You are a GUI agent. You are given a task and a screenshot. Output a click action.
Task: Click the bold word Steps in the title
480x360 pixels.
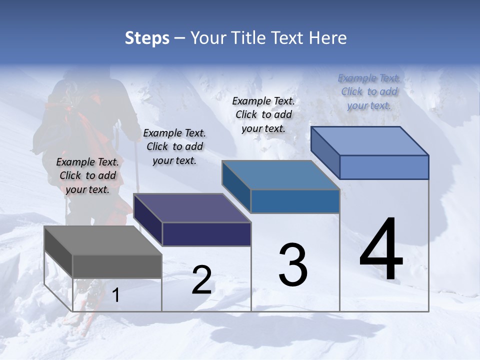tap(147, 38)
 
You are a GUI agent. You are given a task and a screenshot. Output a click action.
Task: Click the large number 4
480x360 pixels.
tap(381, 250)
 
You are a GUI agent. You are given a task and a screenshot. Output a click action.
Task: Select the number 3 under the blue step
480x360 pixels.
tap(293, 265)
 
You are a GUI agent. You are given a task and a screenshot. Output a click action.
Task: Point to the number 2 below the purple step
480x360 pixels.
tap(201, 280)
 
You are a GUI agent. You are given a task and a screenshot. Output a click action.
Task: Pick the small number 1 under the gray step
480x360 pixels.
tap(115, 295)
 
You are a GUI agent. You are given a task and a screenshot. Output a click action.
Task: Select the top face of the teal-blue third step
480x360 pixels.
tap(280, 175)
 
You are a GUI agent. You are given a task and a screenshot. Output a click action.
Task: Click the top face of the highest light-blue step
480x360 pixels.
tap(369, 141)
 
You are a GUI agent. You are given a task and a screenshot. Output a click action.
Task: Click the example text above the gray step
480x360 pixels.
tap(88, 175)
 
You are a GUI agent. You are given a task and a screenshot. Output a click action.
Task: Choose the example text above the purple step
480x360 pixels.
tap(174, 146)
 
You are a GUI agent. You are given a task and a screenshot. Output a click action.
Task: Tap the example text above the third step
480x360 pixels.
tap(263, 114)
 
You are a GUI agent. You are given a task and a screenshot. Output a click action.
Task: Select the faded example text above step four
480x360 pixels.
tap(369, 91)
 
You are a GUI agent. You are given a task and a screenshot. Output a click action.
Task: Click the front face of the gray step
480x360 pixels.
tap(117, 266)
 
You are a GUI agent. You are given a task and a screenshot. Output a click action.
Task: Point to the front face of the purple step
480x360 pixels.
tap(206, 234)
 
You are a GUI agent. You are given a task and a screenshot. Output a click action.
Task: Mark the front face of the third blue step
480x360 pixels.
tap(295, 201)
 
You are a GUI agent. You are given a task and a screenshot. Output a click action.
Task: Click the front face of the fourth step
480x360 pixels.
tap(384, 167)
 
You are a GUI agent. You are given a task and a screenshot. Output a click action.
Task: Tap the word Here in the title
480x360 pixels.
tap(328, 38)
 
